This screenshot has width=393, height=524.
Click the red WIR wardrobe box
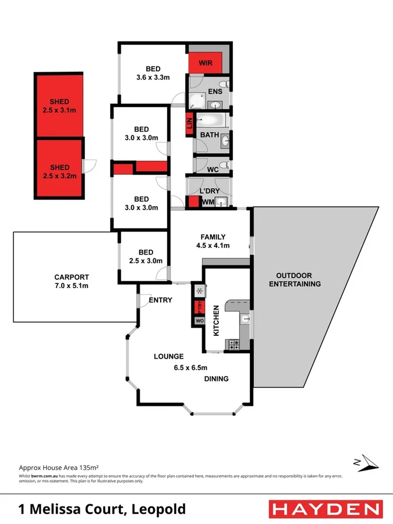205,62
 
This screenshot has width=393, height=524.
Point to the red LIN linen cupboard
189,125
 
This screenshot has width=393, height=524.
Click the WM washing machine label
208,202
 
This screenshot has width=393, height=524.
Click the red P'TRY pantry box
199,306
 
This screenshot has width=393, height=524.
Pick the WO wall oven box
199,321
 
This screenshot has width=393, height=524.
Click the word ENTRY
160,300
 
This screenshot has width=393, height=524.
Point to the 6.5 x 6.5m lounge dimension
190,367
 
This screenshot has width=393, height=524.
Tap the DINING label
216,379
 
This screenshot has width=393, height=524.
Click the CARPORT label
72,277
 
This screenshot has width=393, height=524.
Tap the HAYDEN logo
326,509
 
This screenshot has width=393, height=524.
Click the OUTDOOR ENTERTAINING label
298,279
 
